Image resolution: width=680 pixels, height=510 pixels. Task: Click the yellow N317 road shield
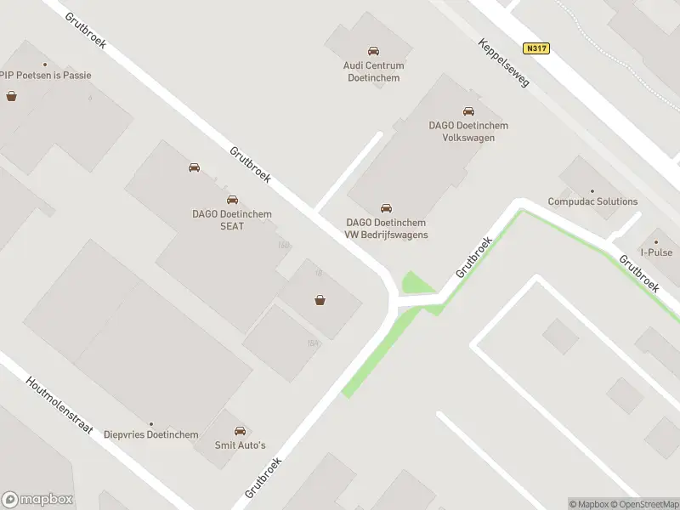537,48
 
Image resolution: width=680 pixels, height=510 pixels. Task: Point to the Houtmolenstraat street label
59,407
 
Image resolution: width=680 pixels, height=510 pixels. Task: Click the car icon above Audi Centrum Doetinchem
373,52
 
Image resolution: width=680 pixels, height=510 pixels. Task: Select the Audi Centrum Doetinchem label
373,71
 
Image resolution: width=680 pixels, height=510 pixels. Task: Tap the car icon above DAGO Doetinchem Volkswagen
468,111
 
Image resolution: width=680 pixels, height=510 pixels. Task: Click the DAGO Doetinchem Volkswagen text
468,131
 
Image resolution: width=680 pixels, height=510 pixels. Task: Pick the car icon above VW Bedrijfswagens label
387,208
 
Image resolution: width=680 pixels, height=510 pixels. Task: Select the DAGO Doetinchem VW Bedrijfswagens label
387,229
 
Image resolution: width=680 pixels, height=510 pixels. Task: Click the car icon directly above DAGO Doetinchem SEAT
232,200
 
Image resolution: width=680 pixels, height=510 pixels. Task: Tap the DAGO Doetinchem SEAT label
232,219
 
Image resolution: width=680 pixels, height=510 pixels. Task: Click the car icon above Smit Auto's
240,431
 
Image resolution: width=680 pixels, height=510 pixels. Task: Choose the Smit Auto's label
240,445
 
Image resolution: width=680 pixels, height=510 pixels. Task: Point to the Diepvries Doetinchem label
151,434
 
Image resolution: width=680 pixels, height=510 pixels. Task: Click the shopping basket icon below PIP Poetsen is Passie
12,96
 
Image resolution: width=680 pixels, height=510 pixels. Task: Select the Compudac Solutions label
592,201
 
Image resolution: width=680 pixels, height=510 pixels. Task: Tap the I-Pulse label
656,252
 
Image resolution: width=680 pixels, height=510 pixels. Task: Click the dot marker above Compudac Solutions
592,191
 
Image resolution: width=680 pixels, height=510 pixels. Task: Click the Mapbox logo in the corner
37,499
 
